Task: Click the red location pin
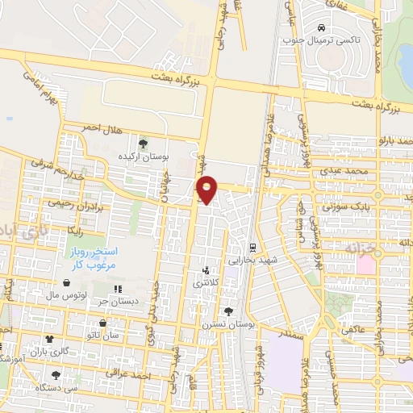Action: click(x=207, y=189)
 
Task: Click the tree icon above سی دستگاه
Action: click(x=56, y=375)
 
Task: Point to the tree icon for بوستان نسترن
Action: click(x=228, y=311)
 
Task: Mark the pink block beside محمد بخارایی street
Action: click(x=366, y=264)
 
